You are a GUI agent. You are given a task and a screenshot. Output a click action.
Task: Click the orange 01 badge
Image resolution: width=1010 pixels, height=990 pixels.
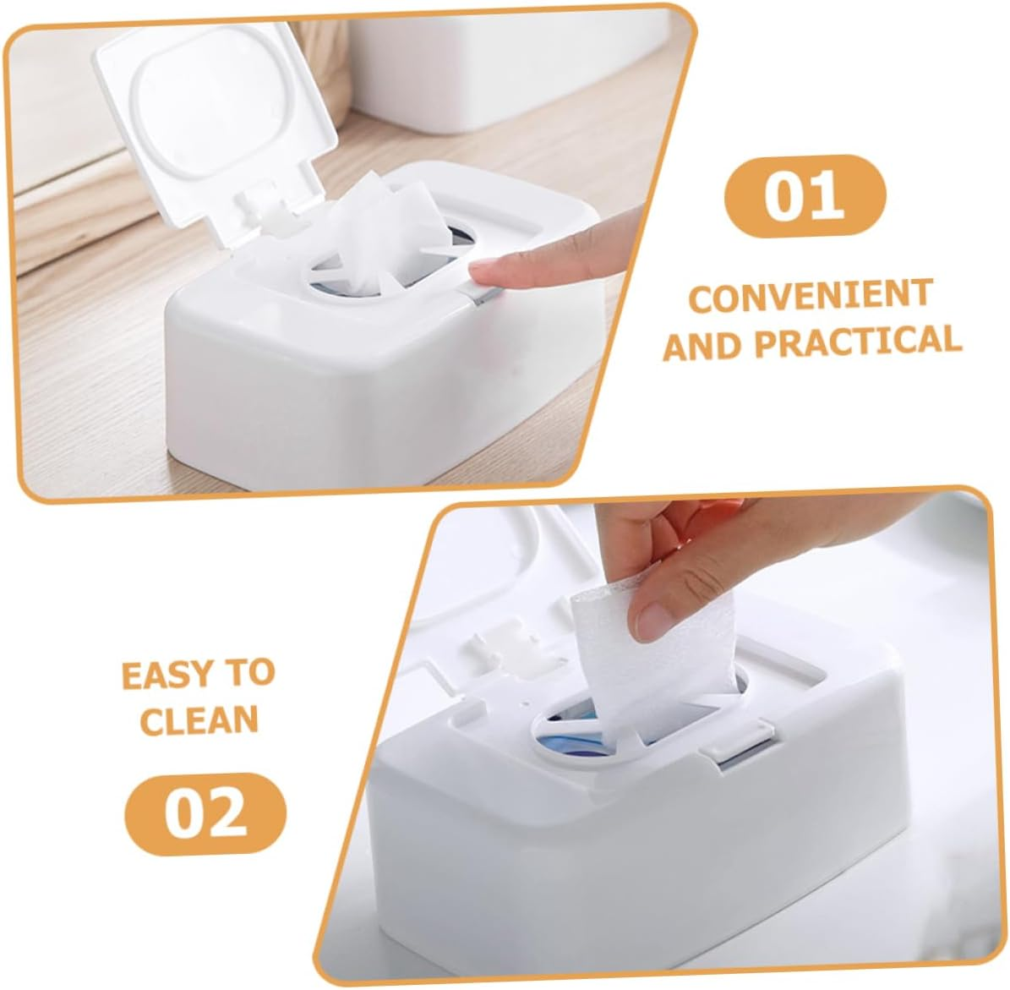pos(804,196)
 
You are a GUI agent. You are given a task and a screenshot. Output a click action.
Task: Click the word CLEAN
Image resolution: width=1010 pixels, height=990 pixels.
pos(199,720)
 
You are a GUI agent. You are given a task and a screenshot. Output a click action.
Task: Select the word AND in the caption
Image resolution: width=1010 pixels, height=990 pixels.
pos(702,346)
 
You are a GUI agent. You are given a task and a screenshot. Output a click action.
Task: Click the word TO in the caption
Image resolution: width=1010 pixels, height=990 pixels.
pos(246,674)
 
